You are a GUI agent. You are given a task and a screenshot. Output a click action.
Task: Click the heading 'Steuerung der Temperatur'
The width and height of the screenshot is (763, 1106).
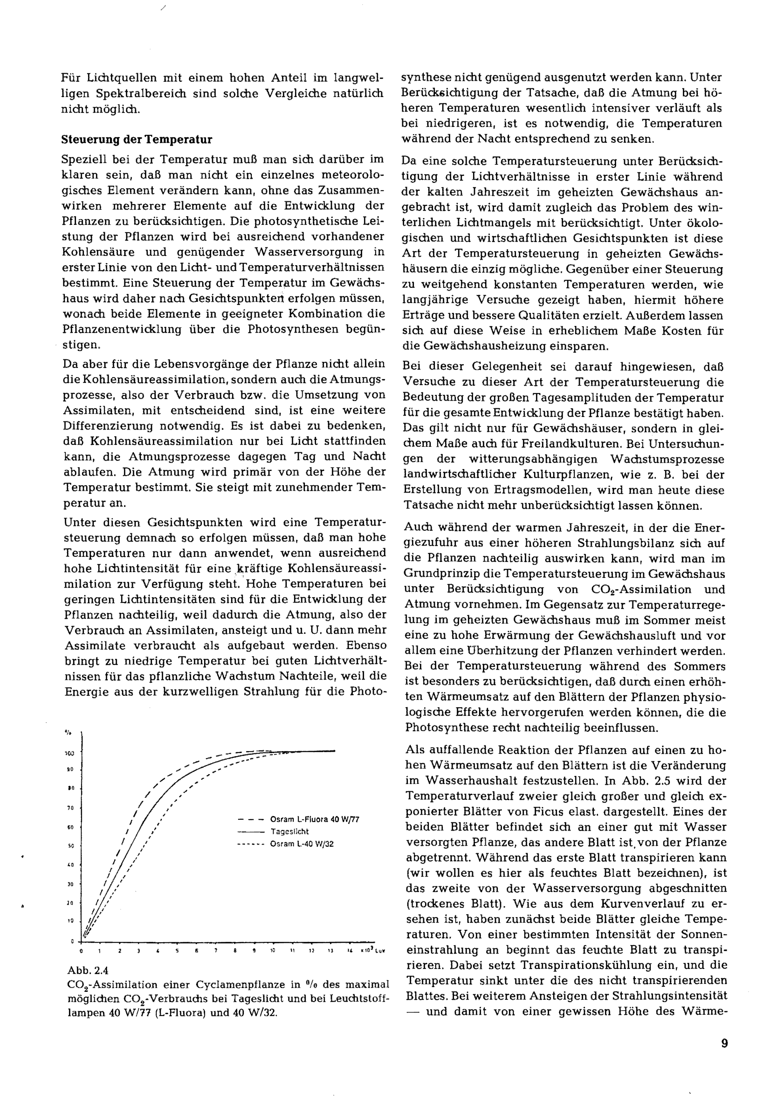pos(137,140)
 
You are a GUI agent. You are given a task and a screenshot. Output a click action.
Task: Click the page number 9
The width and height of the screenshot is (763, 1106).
pos(724,1043)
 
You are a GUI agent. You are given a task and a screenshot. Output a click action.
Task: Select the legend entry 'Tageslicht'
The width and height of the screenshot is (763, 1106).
pos(289,832)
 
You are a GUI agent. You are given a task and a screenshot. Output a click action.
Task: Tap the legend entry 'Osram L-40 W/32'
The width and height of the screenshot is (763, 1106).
pos(302,844)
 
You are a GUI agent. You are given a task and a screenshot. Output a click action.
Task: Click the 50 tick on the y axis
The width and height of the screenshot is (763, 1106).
pos(70,846)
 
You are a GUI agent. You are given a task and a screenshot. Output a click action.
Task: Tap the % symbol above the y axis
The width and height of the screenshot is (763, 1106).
pos(68,732)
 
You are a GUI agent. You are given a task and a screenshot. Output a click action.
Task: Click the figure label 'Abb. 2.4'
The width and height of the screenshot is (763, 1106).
pos(88,970)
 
